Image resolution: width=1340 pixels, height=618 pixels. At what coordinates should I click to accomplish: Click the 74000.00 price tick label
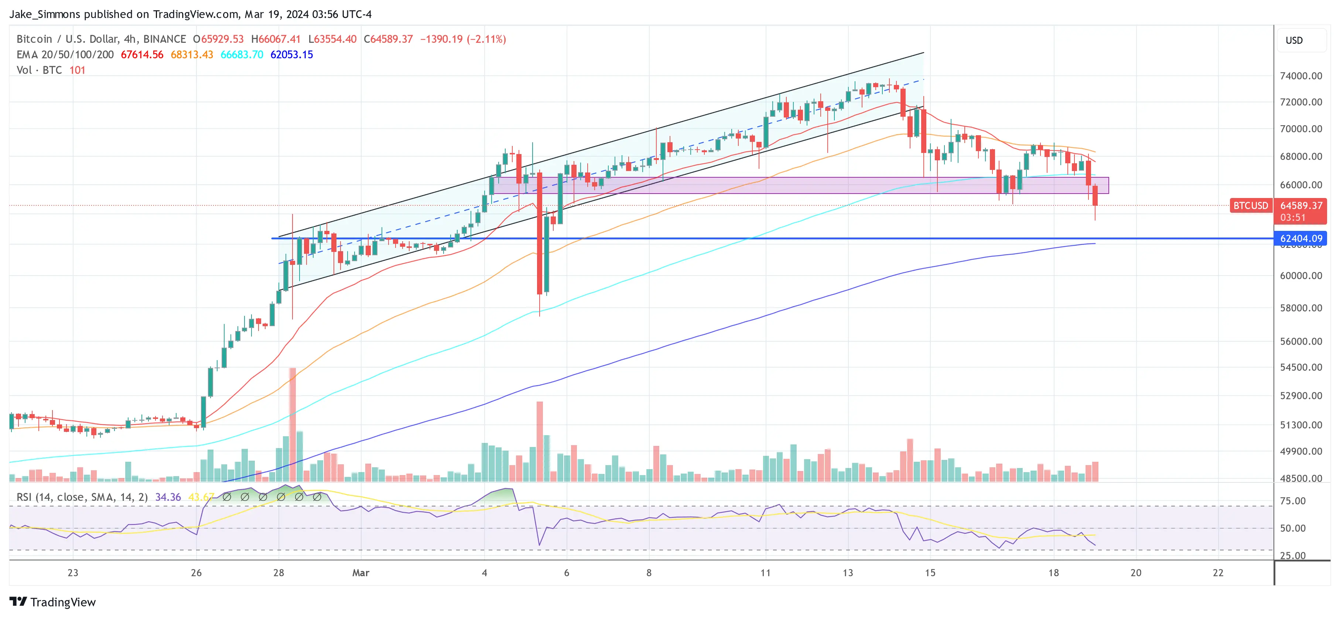pos(1300,76)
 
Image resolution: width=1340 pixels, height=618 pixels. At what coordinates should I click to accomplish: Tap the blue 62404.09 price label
pos(1300,239)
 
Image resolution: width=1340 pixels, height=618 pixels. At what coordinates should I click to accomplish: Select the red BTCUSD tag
pos(1250,205)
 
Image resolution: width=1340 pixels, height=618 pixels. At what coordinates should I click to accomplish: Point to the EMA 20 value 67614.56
pos(142,55)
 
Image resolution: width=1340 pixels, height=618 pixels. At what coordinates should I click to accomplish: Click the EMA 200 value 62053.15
pos(291,55)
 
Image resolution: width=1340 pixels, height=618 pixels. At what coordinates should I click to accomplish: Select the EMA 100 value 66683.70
pos(242,55)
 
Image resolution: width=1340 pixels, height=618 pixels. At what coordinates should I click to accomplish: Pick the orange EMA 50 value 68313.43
pos(192,55)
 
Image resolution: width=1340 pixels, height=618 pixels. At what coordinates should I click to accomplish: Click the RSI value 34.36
pos(168,497)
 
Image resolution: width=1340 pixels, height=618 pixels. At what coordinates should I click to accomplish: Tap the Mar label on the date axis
pos(360,573)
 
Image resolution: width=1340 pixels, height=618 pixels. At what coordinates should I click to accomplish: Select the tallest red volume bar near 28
pos(293,424)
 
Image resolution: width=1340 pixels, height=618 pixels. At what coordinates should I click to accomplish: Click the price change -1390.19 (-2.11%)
pos(462,39)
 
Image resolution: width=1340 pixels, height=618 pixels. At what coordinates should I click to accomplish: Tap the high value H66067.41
pos(276,39)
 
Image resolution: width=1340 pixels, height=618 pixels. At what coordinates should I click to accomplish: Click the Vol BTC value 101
pos(77,70)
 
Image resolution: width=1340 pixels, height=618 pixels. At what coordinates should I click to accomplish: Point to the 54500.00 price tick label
pos(1300,367)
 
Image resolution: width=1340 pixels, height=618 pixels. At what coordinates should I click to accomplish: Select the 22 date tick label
pos(1218,573)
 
